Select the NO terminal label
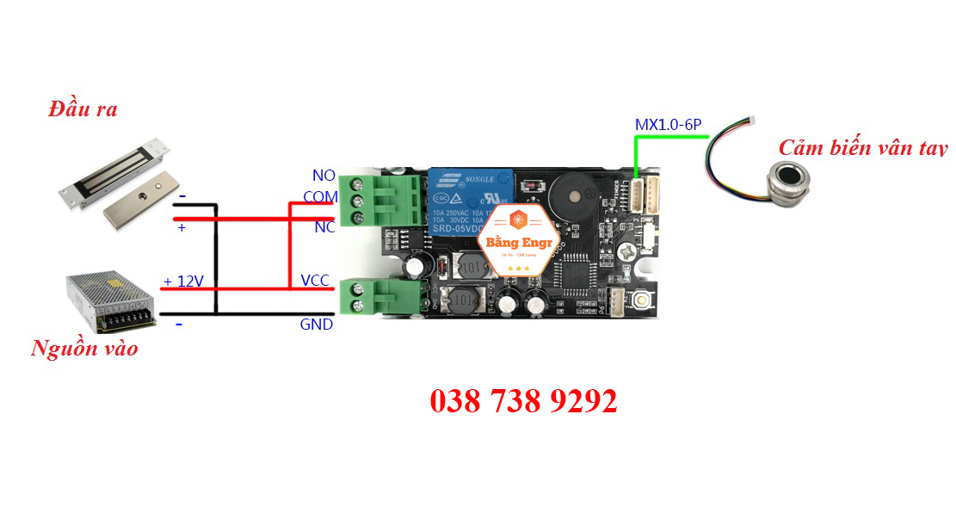click(x=324, y=176)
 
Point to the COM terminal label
click(x=320, y=197)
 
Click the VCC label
click(x=314, y=281)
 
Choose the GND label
click(x=316, y=325)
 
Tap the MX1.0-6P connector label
click(x=669, y=126)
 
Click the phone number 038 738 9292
click(x=523, y=401)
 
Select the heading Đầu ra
click(x=83, y=109)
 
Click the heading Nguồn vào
click(x=83, y=349)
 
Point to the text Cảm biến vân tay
click(x=861, y=148)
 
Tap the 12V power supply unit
click(x=113, y=301)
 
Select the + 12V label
click(x=184, y=281)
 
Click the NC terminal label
click(x=324, y=227)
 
